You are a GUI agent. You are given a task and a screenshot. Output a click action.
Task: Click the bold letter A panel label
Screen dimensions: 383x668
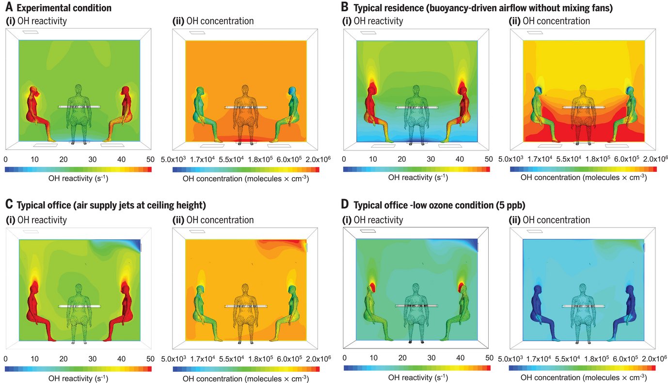click(8, 8)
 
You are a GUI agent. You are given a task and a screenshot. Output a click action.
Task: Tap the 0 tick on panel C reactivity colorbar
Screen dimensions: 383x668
click(5, 359)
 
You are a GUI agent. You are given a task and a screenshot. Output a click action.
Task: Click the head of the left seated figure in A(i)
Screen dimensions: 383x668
click(34, 91)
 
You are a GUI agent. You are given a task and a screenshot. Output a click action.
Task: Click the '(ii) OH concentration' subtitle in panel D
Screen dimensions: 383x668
click(550, 220)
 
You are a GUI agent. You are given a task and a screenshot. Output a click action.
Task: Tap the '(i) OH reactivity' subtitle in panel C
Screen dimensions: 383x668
click(36, 220)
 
